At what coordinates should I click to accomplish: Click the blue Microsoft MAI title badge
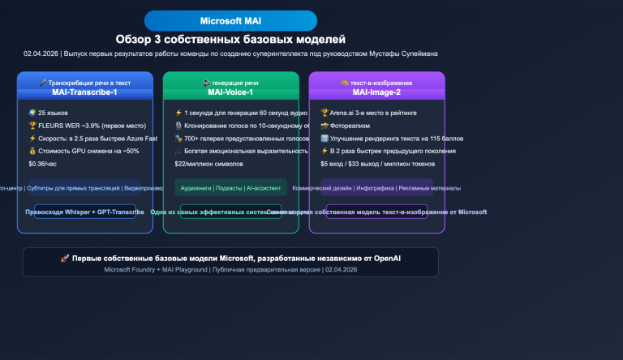point(230,20)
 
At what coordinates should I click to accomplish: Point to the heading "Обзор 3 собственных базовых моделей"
point(230,39)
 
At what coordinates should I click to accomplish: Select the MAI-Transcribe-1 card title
point(85,92)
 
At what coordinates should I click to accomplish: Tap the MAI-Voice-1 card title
point(230,92)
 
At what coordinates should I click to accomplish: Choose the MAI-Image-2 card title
point(376,92)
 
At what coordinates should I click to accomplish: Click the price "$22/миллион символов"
point(208,164)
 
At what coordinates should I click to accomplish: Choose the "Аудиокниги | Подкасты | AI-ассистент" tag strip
point(230,187)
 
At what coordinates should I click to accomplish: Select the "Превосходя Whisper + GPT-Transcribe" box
point(85,212)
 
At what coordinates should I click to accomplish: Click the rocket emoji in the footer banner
point(65,258)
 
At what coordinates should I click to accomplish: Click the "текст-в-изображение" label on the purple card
point(381,83)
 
